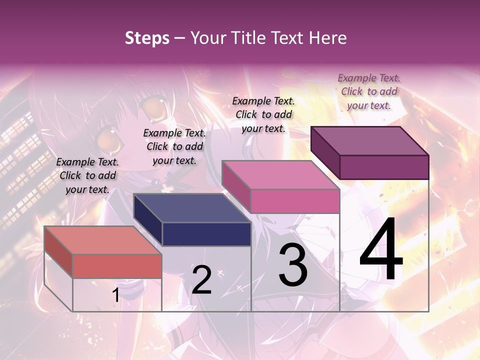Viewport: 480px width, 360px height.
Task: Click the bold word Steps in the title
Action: [147, 38]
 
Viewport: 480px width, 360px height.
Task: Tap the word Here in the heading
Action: [328, 38]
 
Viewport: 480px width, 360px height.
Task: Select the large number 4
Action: [381, 250]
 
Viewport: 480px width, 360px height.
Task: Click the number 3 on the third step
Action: [293, 264]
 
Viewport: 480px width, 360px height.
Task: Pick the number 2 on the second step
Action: [201, 279]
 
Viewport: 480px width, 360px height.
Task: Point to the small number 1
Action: [115, 295]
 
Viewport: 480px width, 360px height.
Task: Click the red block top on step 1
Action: [102, 240]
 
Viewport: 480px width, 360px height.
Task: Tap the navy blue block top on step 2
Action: [192, 208]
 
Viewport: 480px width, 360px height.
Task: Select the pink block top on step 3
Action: [280, 175]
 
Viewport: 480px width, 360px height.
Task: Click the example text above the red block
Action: [87, 175]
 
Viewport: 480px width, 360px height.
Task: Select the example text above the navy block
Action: [174, 146]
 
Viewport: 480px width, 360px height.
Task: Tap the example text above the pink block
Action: [263, 114]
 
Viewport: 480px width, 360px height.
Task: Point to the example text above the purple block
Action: [369, 91]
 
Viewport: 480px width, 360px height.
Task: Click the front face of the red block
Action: [117, 266]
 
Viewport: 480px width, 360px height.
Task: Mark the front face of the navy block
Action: [206, 234]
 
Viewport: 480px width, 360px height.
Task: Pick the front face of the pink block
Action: [295, 201]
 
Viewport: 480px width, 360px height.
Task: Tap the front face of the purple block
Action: [384, 167]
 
